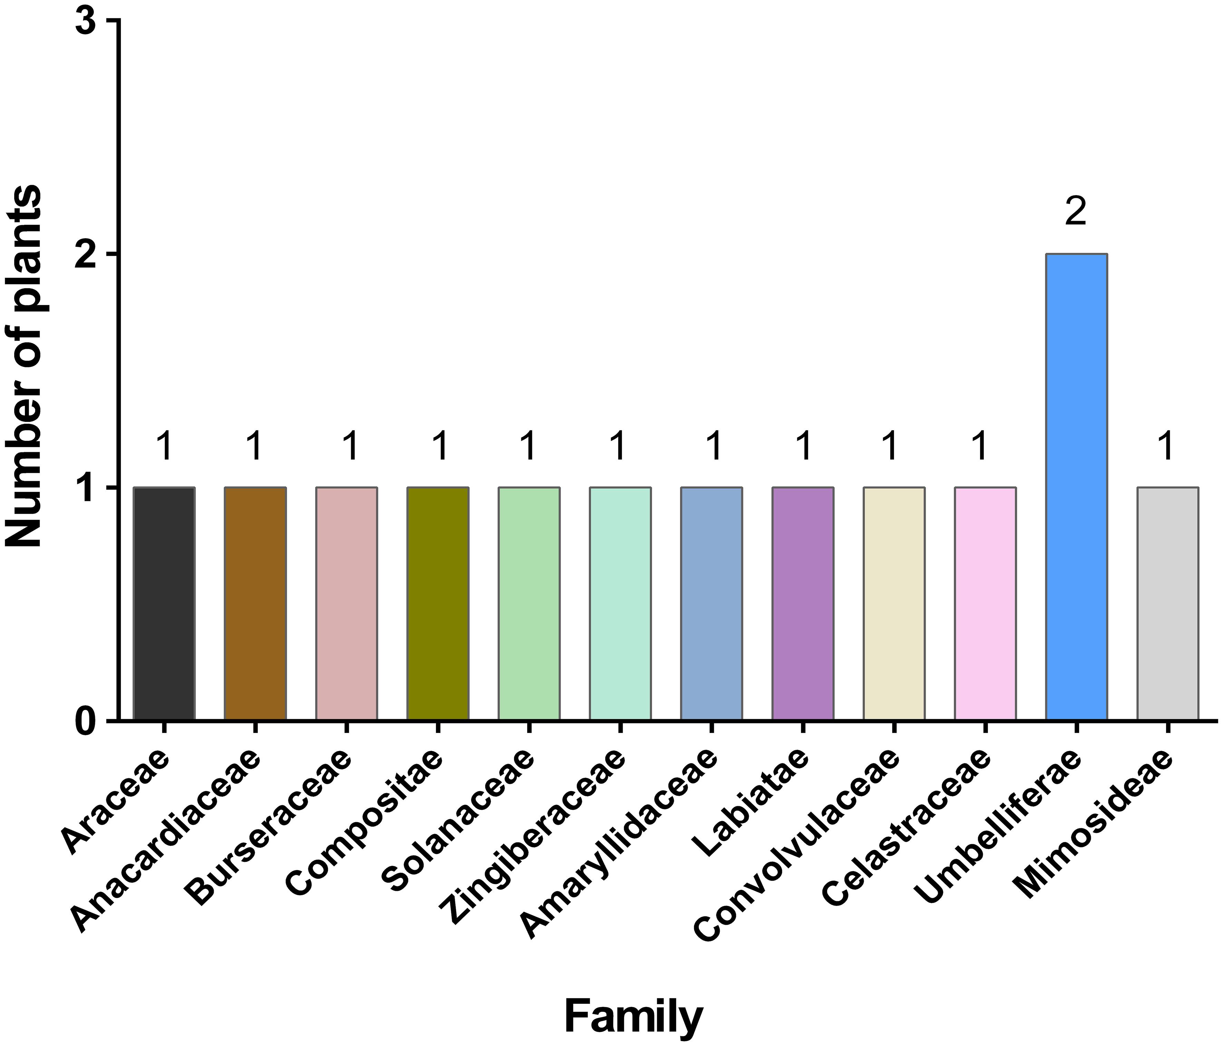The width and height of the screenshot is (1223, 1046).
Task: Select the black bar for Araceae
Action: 164,603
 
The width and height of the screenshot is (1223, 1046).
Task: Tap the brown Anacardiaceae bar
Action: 255,603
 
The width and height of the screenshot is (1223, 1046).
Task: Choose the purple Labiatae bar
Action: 803,603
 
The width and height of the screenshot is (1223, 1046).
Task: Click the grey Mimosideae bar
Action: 1167,603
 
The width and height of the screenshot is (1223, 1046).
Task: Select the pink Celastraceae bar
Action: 985,603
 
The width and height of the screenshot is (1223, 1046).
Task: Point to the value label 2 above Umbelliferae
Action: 1076,213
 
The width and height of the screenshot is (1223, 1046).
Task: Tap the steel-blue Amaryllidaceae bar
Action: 711,603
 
